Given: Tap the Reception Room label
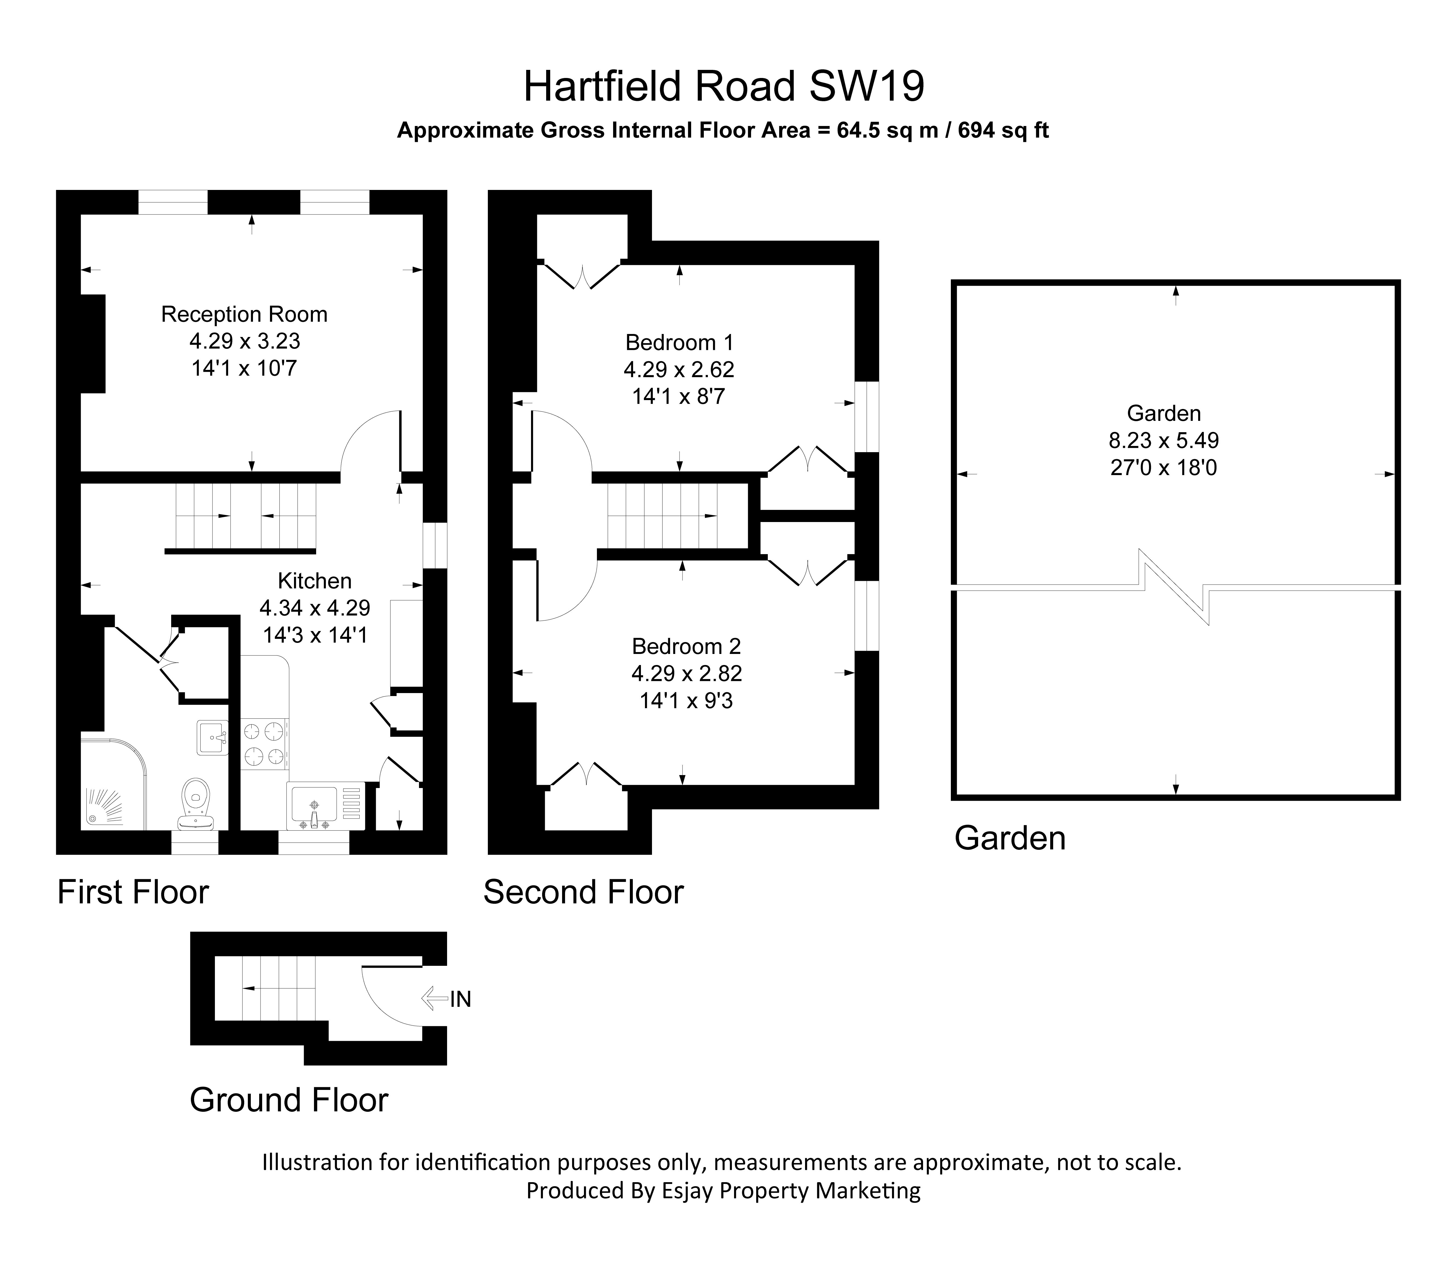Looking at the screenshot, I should (x=244, y=314).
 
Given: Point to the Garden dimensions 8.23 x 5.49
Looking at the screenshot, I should (x=1163, y=441).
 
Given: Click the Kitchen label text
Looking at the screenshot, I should (x=314, y=581).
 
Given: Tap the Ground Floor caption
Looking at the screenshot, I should (x=289, y=1100).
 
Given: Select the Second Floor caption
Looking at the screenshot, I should (x=583, y=892).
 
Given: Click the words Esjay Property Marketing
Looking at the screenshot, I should (x=791, y=1191).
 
